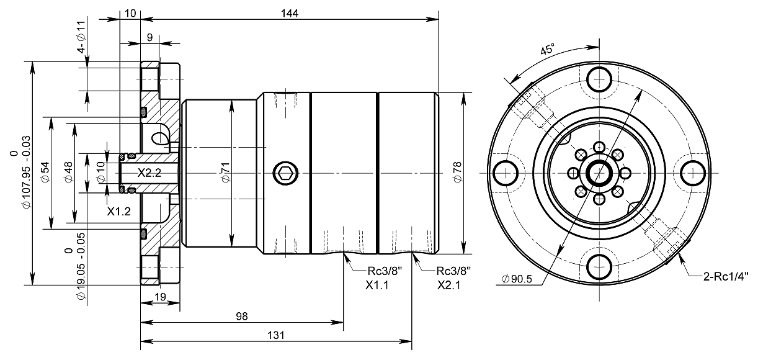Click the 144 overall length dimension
(x=290, y=13)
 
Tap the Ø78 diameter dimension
(x=457, y=173)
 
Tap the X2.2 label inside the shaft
(x=149, y=173)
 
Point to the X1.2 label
(x=118, y=211)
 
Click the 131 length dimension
(x=276, y=335)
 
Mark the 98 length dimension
(x=241, y=316)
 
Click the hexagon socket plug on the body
(x=285, y=173)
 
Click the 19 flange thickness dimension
(x=159, y=297)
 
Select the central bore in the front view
(x=600, y=172)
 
